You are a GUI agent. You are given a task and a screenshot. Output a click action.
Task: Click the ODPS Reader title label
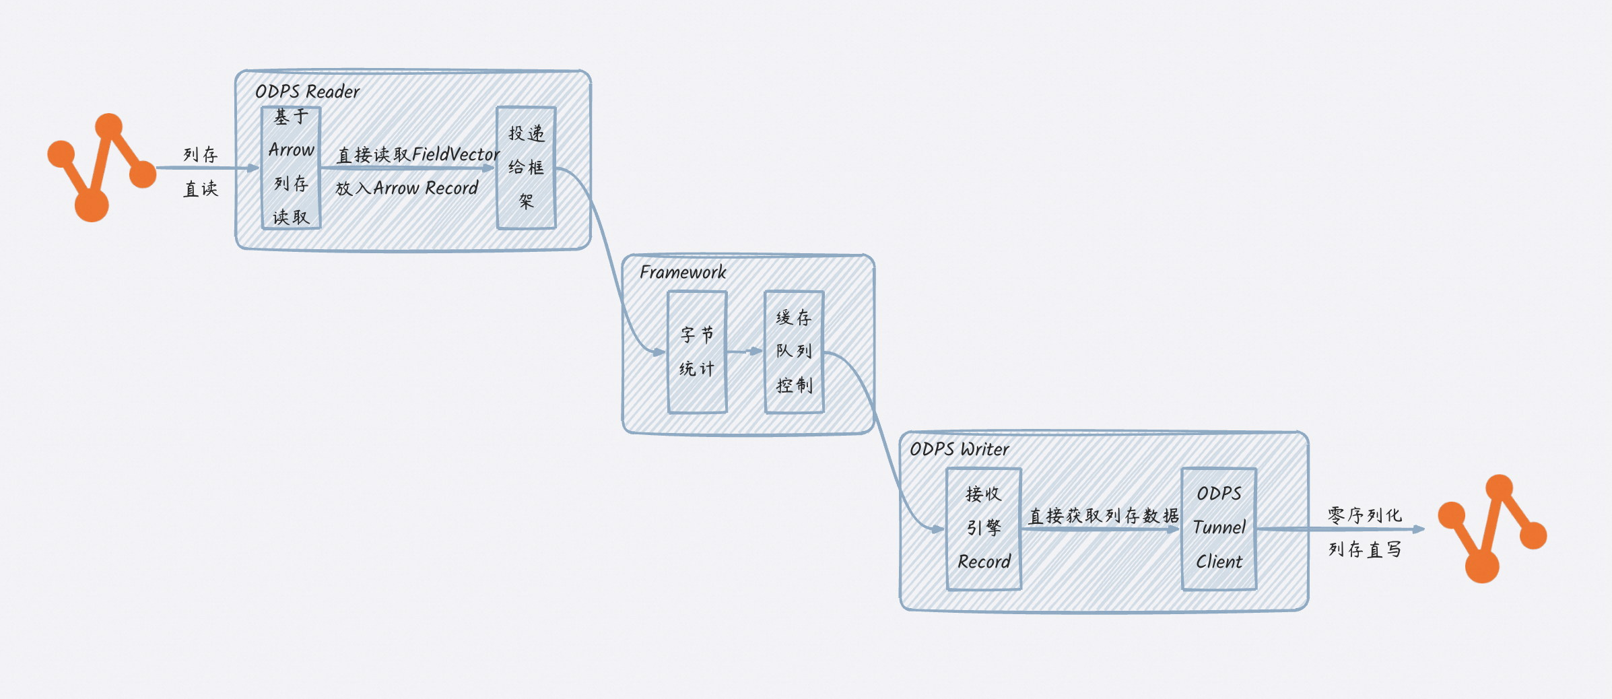click(307, 92)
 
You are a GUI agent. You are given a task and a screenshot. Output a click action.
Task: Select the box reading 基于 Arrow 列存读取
click(291, 168)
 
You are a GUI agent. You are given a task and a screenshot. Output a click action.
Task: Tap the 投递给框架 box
click(526, 168)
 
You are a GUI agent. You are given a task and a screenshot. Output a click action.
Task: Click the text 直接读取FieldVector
click(417, 155)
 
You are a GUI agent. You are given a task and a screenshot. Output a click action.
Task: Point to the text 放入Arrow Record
click(407, 189)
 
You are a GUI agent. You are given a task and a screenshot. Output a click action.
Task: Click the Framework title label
click(683, 272)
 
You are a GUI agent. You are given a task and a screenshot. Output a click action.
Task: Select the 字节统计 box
click(697, 352)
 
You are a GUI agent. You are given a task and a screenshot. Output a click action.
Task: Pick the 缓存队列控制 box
click(794, 352)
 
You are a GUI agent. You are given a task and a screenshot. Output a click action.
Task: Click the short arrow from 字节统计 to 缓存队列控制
click(745, 352)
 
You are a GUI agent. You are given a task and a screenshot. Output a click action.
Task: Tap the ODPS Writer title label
click(959, 449)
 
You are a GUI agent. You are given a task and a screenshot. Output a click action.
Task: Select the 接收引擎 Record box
click(984, 529)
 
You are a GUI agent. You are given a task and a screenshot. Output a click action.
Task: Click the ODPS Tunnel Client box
click(1219, 529)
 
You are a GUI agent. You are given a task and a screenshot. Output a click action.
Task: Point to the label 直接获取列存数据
click(1104, 516)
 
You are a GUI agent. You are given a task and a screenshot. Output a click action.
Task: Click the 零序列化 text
click(1365, 516)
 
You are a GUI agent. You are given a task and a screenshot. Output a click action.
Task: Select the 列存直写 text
click(1365, 550)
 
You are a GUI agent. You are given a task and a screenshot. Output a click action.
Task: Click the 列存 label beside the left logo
click(201, 155)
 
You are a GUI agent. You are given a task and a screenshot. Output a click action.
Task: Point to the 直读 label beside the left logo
click(201, 189)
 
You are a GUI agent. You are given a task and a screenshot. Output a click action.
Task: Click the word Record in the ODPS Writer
click(984, 562)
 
